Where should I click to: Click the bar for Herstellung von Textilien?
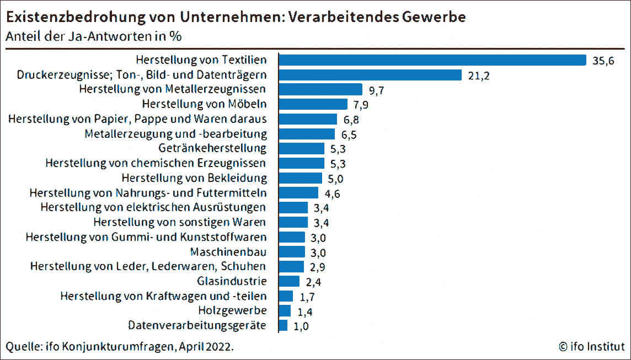(x=432, y=60)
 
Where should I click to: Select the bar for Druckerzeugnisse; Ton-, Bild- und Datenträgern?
(x=370, y=75)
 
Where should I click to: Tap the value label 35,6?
(x=603, y=61)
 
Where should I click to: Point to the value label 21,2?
(x=478, y=76)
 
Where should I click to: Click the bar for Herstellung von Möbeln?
(x=313, y=104)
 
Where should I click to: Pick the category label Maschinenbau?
(x=228, y=252)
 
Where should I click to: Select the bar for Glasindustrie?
(x=290, y=281)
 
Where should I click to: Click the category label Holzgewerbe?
(x=233, y=311)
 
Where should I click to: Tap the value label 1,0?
(x=301, y=326)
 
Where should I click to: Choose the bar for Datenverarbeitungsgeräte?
(x=284, y=325)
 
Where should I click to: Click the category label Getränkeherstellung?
(x=212, y=148)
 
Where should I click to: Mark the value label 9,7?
(x=376, y=90)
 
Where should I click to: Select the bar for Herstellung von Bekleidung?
(x=301, y=178)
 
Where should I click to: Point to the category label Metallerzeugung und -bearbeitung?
(x=176, y=133)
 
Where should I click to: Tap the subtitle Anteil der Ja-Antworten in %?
(x=94, y=37)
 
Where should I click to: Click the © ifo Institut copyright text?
(x=591, y=347)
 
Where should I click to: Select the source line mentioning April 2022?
(x=120, y=347)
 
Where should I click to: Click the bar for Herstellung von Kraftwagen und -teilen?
(x=286, y=296)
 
